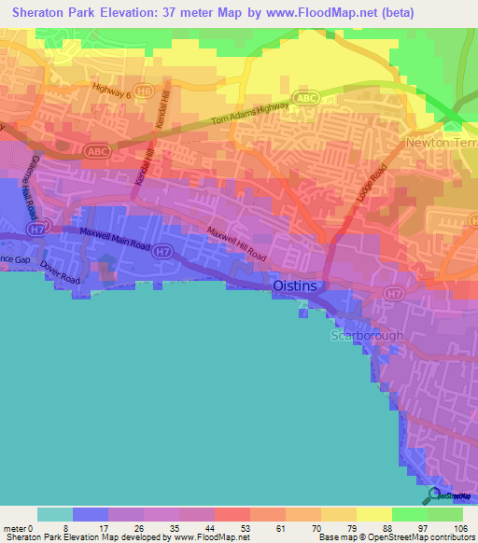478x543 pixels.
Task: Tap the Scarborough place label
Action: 366,336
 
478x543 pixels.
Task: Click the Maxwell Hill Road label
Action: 236,244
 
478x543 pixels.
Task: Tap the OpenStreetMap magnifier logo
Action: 433,494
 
